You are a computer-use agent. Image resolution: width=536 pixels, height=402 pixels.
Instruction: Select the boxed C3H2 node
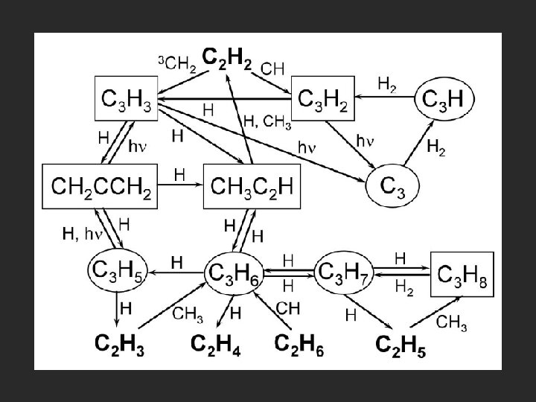(x=322, y=98)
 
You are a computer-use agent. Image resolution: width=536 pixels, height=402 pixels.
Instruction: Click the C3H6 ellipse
(x=233, y=273)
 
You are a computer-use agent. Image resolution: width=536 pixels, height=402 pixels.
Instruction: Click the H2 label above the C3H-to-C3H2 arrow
(x=387, y=86)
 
